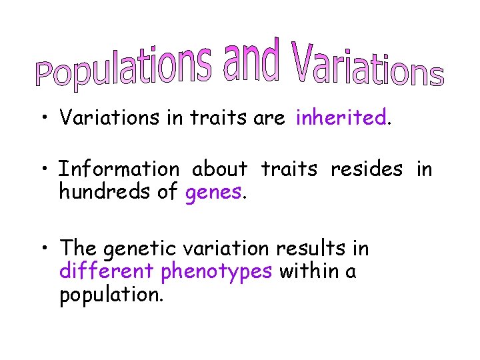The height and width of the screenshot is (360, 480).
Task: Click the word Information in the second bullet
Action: [x=119, y=170]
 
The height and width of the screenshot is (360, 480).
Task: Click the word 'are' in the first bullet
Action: [x=269, y=119]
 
